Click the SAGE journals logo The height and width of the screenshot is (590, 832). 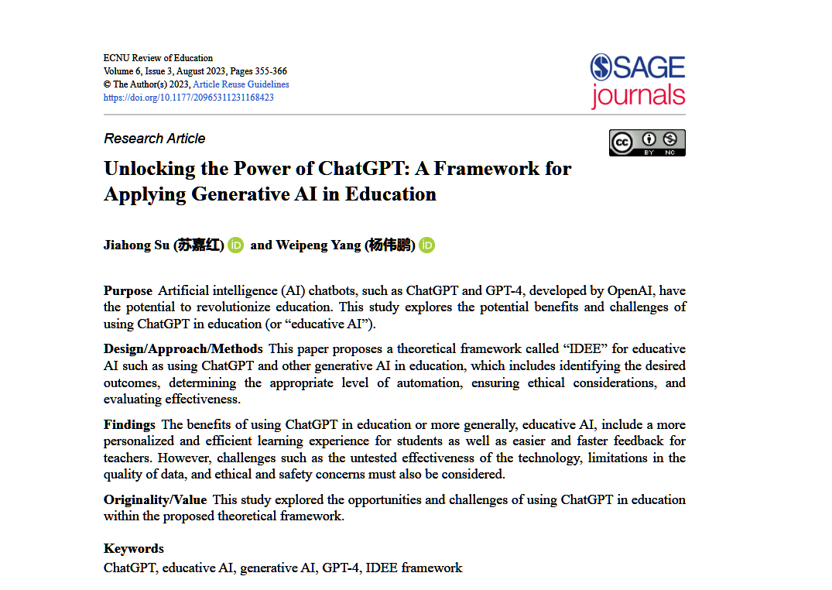[638, 80]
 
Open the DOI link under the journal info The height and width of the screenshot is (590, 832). [188, 98]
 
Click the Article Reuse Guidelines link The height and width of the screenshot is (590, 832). [241, 84]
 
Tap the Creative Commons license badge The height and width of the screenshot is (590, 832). [647, 142]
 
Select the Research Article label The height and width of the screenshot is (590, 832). [155, 139]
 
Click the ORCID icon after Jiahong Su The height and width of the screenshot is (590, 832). [236, 245]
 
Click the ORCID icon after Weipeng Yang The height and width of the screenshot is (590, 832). [427, 245]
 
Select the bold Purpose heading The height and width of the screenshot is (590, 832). [128, 291]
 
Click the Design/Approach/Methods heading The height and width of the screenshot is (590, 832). [183, 349]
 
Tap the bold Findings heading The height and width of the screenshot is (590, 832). [129, 424]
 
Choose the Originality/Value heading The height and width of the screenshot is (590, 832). [155, 499]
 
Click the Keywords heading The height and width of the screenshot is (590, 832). [134, 548]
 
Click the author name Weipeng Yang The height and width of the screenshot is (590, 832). [318, 245]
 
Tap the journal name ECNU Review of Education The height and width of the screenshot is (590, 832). [158, 58]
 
